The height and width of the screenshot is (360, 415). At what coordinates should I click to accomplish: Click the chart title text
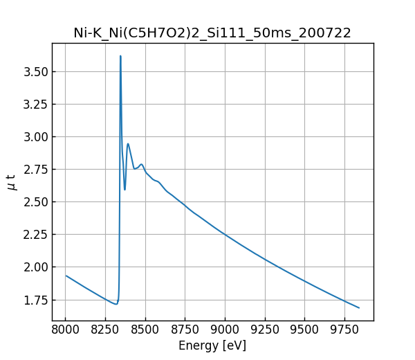(212, 33)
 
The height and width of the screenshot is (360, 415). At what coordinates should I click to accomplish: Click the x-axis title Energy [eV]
(212, 345)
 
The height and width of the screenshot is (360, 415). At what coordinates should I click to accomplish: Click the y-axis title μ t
(11, 182)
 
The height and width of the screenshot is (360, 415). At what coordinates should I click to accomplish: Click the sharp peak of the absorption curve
(120, 57)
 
